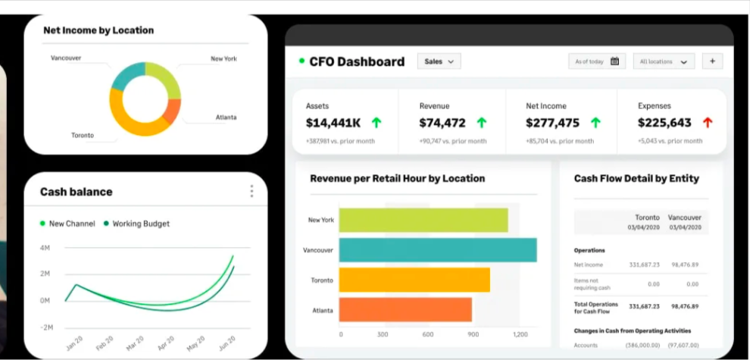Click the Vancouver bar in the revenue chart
pos(437,250)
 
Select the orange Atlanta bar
pos(405,309)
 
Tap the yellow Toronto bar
pos(414,280)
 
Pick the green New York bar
pos(423,220)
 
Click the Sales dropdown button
pos(439,61)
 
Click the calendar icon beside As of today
pos(614,61)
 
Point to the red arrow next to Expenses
pos(708,123)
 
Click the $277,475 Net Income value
pos(552,123)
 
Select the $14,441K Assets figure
pos(333,123)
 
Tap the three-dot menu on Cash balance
pos(252,191)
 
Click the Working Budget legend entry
pos(141,224)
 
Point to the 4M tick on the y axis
pos(45,248)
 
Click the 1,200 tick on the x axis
pos(520,334)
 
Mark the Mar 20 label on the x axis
pos(136,343)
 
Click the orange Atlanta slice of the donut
pos(173,111)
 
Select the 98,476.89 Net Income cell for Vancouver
pos(684,265)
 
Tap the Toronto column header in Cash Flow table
pos(646,218)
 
